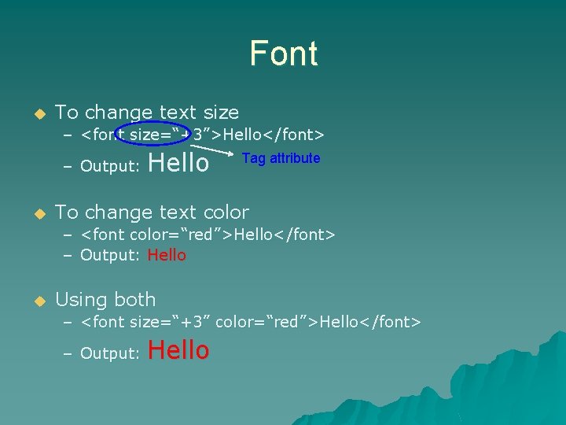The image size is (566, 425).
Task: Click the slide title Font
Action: [283, 54]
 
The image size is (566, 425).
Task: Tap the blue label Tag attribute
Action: [281, 158]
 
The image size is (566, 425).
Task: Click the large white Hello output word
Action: [178, 164]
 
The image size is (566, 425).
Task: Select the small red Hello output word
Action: [167, 255]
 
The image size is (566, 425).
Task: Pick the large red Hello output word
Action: [178, 350]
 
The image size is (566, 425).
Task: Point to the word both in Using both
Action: [134, 300]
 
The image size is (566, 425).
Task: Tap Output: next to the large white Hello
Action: [110, 166]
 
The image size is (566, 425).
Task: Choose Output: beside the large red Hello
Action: [110, 353]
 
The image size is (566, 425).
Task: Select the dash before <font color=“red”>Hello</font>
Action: [68, 235]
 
